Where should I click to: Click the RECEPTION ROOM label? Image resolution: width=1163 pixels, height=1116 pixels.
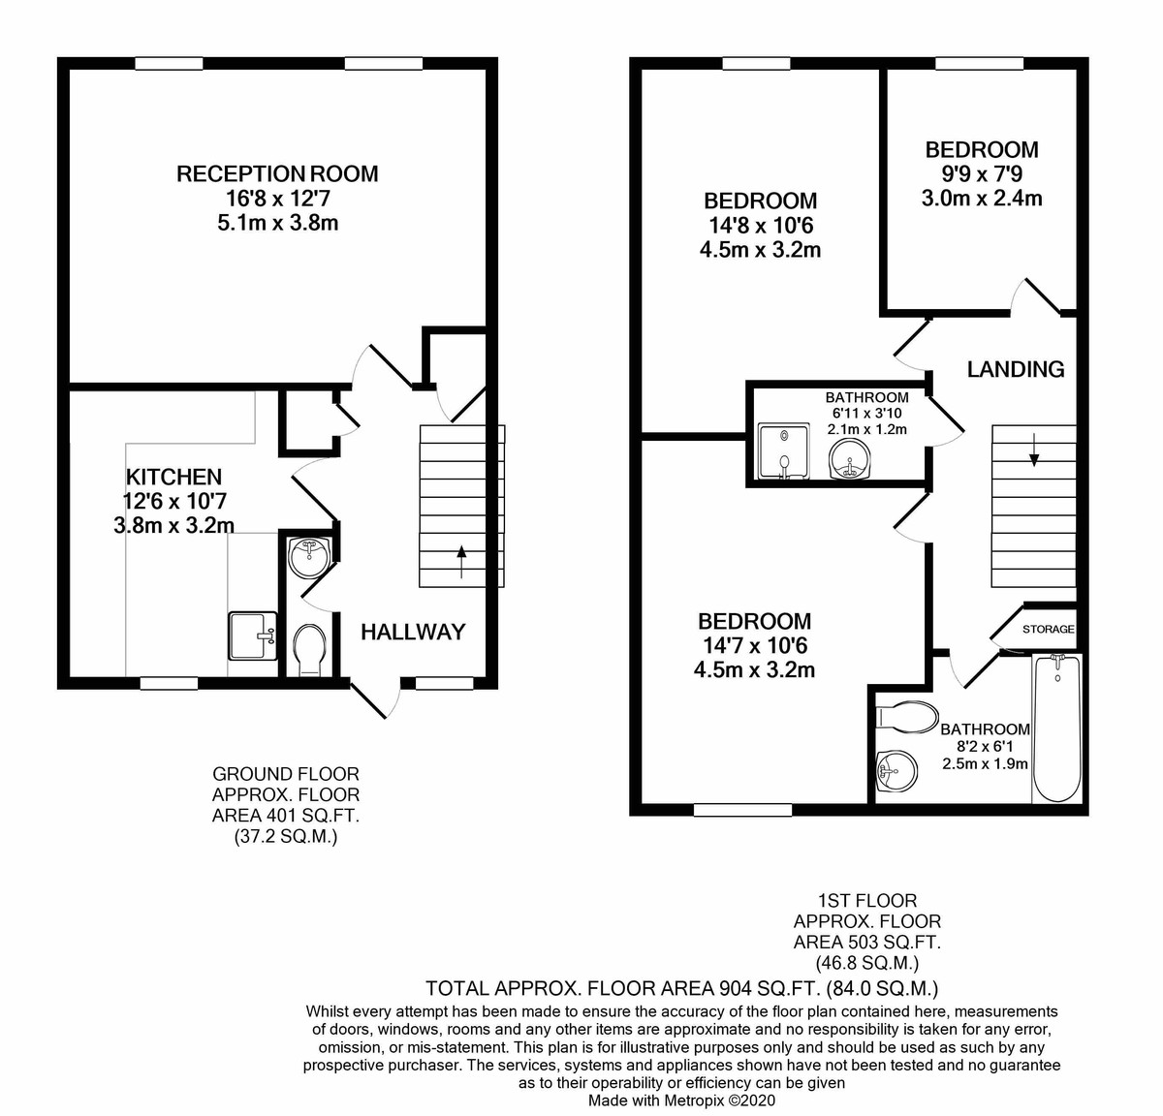coord(277,173)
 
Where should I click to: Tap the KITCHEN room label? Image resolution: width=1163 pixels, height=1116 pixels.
coord(173,477)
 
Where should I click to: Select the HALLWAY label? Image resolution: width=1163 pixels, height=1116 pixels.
coord(413,632)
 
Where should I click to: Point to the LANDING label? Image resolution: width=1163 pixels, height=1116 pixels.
coord(1016,369)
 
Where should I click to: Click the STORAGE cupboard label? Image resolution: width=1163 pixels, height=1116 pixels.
coord(1049,629)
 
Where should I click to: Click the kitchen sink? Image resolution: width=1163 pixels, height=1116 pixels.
coord(253,635)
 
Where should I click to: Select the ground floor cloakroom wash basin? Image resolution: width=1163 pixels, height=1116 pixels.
coord(308,555)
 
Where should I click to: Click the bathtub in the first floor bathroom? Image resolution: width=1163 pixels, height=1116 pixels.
coord(1057,728)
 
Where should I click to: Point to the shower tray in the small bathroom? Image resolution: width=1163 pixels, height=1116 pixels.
coord(783,451)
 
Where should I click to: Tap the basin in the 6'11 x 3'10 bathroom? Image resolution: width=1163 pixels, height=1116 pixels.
coord(849,459)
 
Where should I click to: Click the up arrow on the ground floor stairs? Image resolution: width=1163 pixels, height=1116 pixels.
coord(461,561)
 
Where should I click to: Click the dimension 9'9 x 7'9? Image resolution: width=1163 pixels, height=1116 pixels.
coord(982,173)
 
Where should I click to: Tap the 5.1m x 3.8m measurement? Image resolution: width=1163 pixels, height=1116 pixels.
coord(277,223)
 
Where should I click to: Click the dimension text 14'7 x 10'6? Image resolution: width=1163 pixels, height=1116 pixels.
coord(754,645)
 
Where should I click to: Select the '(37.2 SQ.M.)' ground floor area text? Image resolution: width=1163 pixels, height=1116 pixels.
coord(286,837)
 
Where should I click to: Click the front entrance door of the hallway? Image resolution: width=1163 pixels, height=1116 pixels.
coord(376,699)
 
